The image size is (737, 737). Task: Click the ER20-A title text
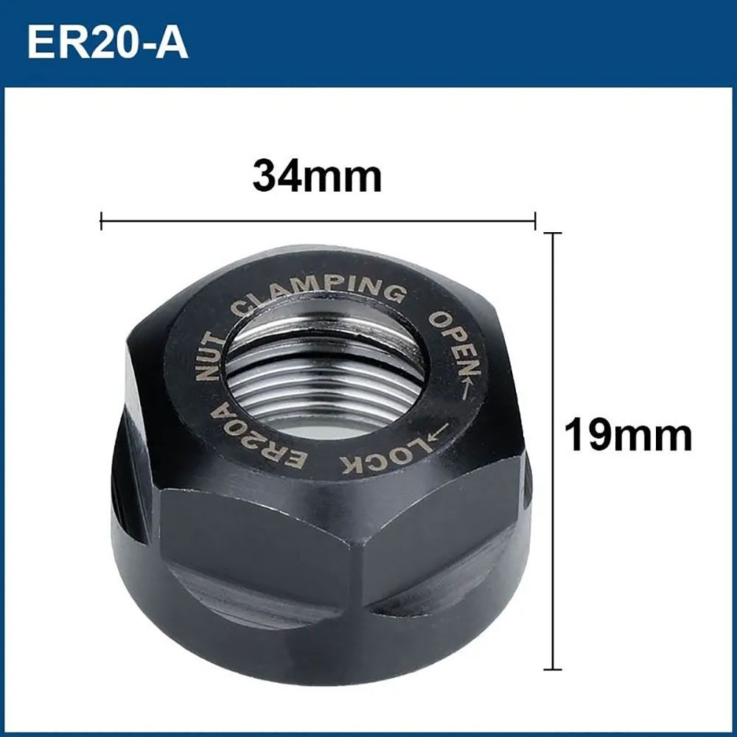[108, 43]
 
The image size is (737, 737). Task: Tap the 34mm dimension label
[317, 177]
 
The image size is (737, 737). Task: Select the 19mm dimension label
[628, 435]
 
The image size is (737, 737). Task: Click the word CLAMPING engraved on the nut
[318, 293]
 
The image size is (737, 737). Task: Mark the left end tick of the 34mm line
[101, 220]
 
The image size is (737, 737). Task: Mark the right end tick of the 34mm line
[534, 220]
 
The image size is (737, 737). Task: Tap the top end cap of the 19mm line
[553, 234]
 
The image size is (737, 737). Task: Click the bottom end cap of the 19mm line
[553, 669]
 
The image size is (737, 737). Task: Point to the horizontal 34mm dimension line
[317, 220]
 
